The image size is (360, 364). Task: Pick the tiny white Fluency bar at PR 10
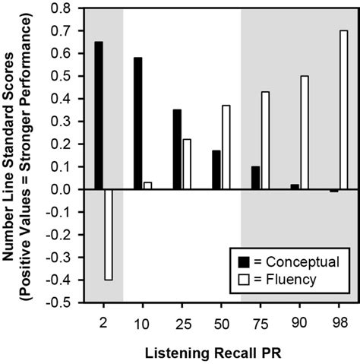(148, 186)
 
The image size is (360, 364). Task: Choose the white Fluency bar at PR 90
(305, 132)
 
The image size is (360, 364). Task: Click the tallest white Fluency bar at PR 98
(344, 110)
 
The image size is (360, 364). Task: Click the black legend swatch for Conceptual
(245, 261)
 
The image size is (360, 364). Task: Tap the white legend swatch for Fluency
(245, 280)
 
